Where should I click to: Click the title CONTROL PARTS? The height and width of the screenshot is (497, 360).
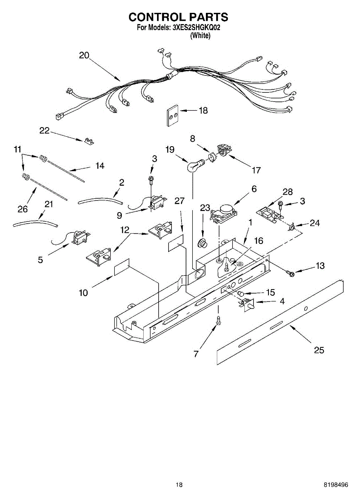[x=178, y=17]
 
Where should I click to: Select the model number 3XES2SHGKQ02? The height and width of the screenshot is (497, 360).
[x=196, y=28]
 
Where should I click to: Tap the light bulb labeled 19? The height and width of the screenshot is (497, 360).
[x=193, y=167]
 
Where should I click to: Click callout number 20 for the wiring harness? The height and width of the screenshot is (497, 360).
[x=84, y=55]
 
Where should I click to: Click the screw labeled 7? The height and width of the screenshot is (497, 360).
[x=218, y=320]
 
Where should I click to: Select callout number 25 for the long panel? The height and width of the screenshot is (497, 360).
[x=319, y=350]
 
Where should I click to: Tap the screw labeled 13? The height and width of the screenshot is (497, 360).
[x=290, y=272]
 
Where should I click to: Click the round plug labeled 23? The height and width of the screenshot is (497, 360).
[x=203, y=243]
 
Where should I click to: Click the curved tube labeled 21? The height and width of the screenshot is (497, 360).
[x=35, y=224]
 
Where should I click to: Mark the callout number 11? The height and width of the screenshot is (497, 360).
[x=17, y=149]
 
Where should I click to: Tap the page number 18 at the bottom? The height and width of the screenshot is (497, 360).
[x=179, y=485]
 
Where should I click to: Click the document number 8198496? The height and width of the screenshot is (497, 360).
[x=336, y=485]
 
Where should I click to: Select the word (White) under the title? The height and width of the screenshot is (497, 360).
[x=200, y=36]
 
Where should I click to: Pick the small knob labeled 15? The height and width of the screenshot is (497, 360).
[x=240, y=294]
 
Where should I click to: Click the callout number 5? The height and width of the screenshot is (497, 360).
[x=40, y=260]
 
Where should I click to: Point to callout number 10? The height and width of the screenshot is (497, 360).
[x=83, y=293]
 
